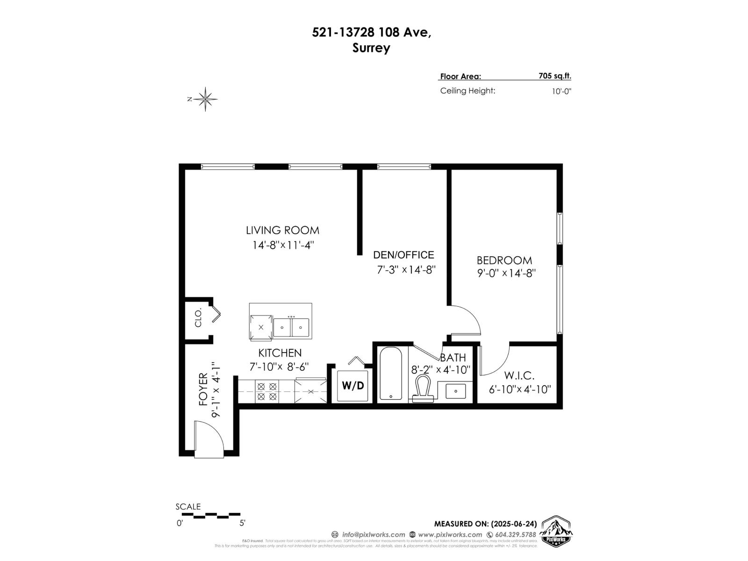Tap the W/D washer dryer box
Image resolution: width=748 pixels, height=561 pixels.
(x=352, y=386)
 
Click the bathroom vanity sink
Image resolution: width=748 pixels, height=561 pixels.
(x=456, y=391)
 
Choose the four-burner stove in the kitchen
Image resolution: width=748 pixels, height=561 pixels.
(x=267, y=392)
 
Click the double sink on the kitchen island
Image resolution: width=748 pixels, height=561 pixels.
(x=291, y=327)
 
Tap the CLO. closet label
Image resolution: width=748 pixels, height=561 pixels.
(x=198, y=317)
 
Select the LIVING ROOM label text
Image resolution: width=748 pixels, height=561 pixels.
(x=282, y=230)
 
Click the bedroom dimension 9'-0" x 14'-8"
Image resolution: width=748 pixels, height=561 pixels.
(x=506, y=273)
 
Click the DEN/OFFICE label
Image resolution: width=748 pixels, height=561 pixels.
(x=403, y=255)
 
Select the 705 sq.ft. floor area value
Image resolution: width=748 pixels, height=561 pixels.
(x=554, y=76)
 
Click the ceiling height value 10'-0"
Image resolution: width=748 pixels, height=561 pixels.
(x=561, y=91)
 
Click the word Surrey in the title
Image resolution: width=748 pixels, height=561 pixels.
(x=371, y=48)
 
